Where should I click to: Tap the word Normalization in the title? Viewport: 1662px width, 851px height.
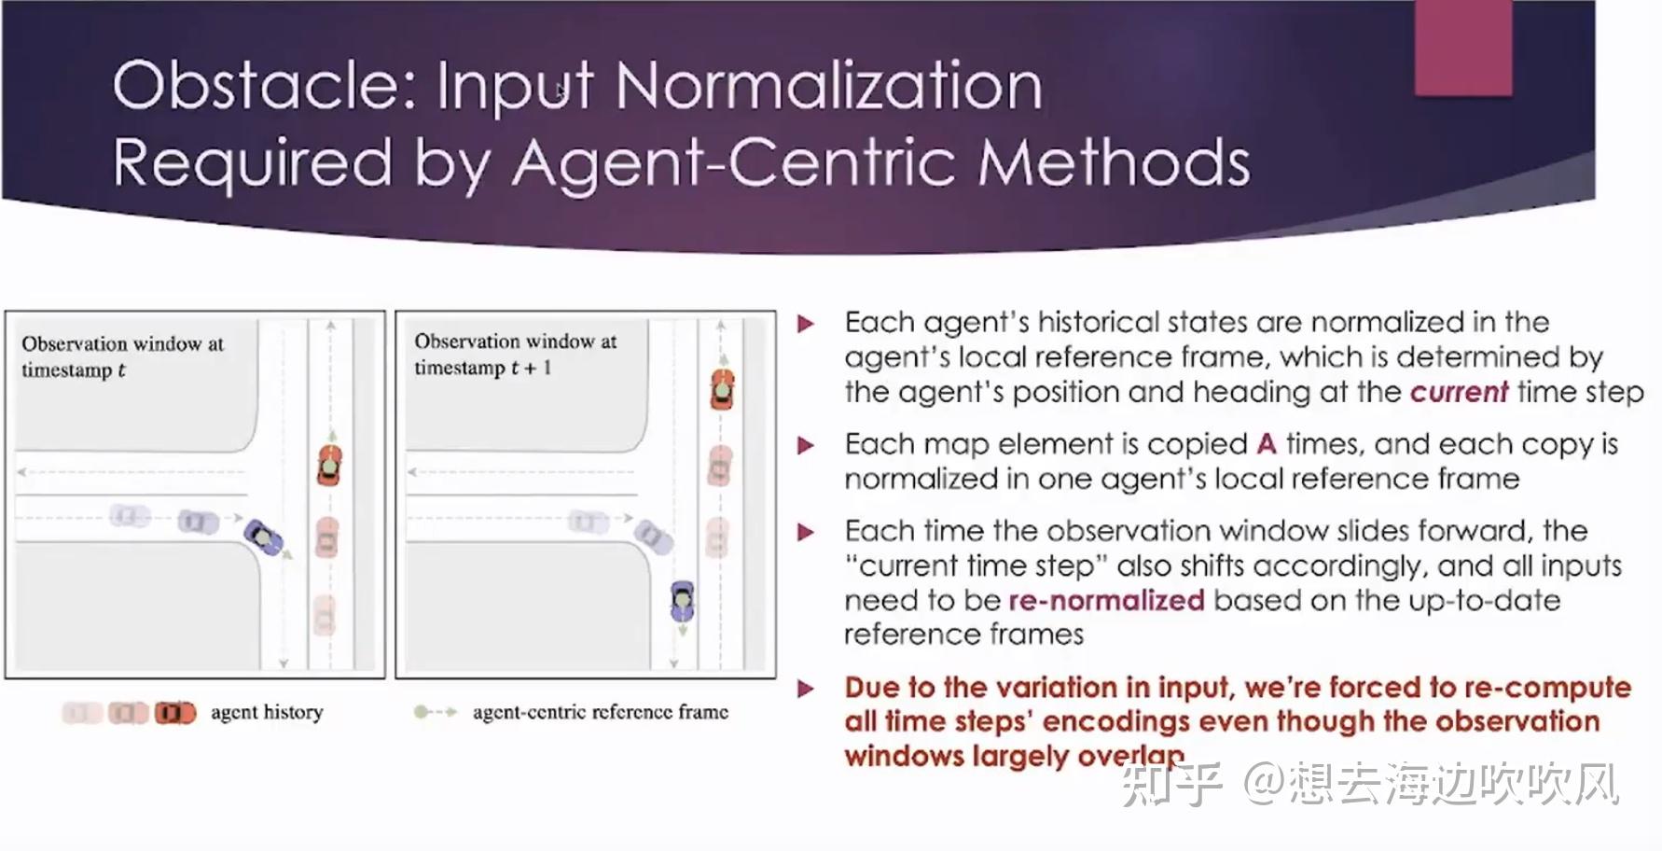828,85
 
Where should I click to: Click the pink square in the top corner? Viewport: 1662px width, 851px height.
1462,47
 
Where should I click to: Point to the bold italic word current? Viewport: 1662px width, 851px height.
1459,392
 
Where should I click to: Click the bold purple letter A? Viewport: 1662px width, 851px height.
1266,443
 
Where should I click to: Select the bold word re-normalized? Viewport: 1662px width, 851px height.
1106,600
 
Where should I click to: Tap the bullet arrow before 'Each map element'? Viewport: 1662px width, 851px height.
807,445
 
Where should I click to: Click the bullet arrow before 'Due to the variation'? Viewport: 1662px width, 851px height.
807,689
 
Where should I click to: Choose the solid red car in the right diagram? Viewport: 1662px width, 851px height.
722,389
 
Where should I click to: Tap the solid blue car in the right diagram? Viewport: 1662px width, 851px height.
683,601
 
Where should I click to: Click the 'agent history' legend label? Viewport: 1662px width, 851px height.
267,713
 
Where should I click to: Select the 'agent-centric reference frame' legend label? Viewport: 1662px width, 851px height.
600,713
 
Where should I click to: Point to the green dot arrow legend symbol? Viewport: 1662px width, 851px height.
435,712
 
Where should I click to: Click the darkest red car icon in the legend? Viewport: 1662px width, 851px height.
175,713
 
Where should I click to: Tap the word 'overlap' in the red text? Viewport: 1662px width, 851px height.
1130,756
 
